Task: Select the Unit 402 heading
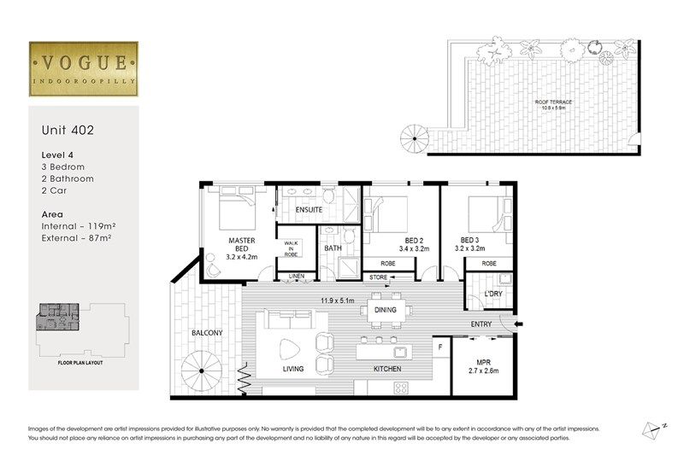(68, 131)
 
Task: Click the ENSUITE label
(308, 209)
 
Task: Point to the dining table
(385, 310)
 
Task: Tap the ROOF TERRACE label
(554, 104)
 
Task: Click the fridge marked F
(439, 347)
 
